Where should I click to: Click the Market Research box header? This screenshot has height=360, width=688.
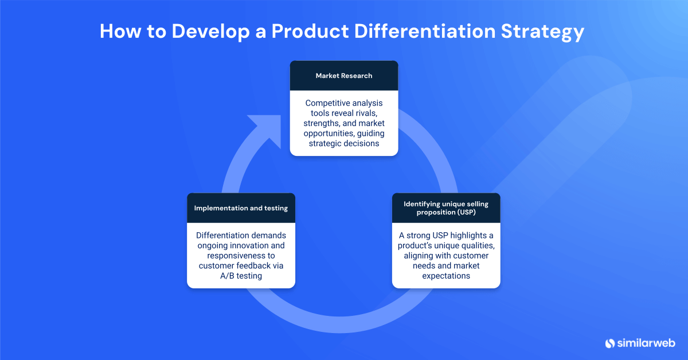click(343, 76)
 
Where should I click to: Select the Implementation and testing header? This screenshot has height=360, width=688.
click(241, 208)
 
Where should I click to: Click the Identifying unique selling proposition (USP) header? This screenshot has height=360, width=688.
click(445, 208)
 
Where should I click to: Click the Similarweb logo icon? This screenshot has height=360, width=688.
click(610, 343)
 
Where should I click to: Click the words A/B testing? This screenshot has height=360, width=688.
click(241, 276)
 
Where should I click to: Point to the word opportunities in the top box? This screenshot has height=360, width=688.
click(329, 133)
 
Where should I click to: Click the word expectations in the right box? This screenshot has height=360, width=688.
click(445, 276)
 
